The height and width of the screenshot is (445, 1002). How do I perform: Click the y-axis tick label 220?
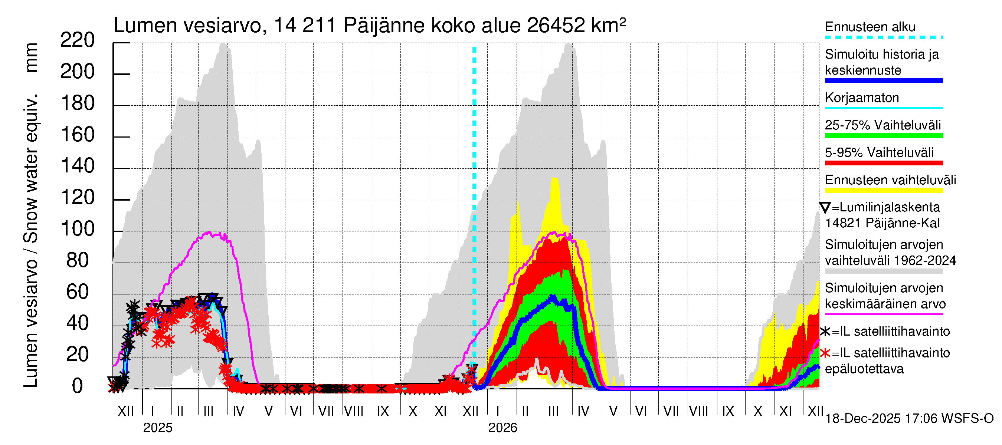point(78,40)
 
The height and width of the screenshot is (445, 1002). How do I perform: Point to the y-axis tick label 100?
point(78,229)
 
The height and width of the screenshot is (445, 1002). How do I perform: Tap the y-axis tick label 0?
point(78,386)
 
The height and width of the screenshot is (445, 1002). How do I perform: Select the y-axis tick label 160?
point(78,135)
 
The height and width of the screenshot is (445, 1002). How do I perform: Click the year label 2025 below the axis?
point(157,428)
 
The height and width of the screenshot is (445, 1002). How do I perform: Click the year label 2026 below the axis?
point(502,428)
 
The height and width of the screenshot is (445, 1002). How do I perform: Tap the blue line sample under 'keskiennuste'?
point(883,81)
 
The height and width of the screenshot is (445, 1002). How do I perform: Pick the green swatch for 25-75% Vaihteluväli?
point(883,136)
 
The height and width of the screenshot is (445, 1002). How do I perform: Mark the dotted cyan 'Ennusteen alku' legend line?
point(883,38)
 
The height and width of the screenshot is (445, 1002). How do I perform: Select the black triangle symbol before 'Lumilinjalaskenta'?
point(825,208)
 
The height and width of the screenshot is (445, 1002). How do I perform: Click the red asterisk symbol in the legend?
point(825,353)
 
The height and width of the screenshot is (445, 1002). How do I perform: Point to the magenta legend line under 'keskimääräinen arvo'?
point(883,314)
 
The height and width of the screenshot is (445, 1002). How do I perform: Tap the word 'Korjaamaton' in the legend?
point(862,98)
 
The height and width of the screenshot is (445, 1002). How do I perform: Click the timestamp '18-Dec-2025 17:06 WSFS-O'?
point(909,419)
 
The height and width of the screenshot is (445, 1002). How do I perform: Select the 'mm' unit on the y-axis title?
point(31,57)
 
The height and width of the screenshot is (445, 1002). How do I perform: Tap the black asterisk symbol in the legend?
point(825,332)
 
